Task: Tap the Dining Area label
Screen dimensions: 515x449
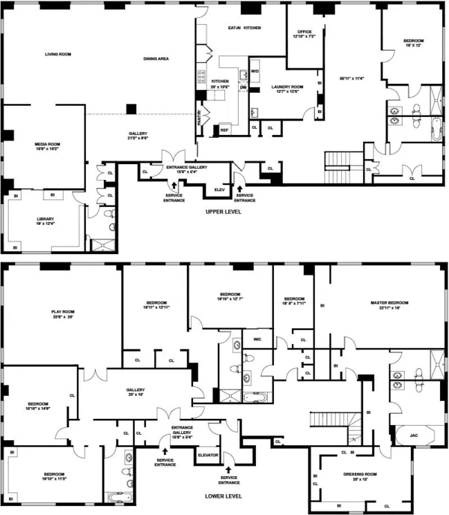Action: (x=156, y=58)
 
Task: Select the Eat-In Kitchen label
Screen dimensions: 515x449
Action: (x=244, y=28)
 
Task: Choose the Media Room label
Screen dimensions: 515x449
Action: (x=46, y=145)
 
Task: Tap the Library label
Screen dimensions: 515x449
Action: (x=46, y=220)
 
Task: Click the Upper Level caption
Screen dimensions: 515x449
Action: (x=225, y=212)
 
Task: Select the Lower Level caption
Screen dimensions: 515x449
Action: (x=224, y=496)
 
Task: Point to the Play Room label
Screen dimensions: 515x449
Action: (x=61, y=313)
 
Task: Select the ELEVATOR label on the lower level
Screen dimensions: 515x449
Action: (x=207, y=455)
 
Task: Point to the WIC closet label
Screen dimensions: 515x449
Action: (x=257, y=340)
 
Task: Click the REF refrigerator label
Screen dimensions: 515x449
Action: (x=224, y=130)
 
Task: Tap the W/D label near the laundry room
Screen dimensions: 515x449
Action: (x=254, y=71)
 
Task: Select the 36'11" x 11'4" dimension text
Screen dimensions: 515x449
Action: (x=351, y=78)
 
